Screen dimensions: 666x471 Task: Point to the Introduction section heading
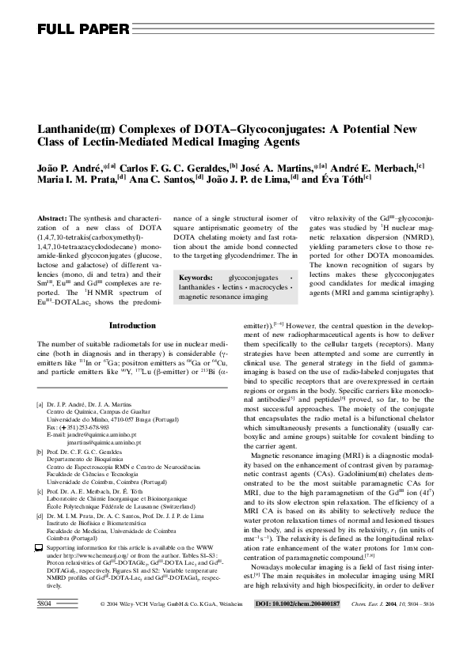[x=132, y=325]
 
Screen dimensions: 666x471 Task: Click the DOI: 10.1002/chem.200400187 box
[x=295, y=647]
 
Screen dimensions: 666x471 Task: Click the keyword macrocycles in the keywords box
[x=268, y=287]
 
